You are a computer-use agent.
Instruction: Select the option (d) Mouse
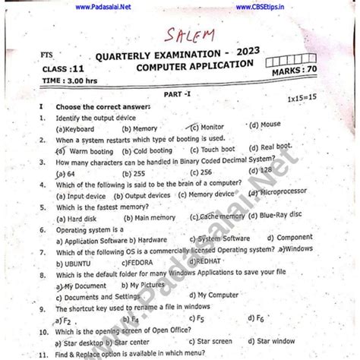tap(264, 125)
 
